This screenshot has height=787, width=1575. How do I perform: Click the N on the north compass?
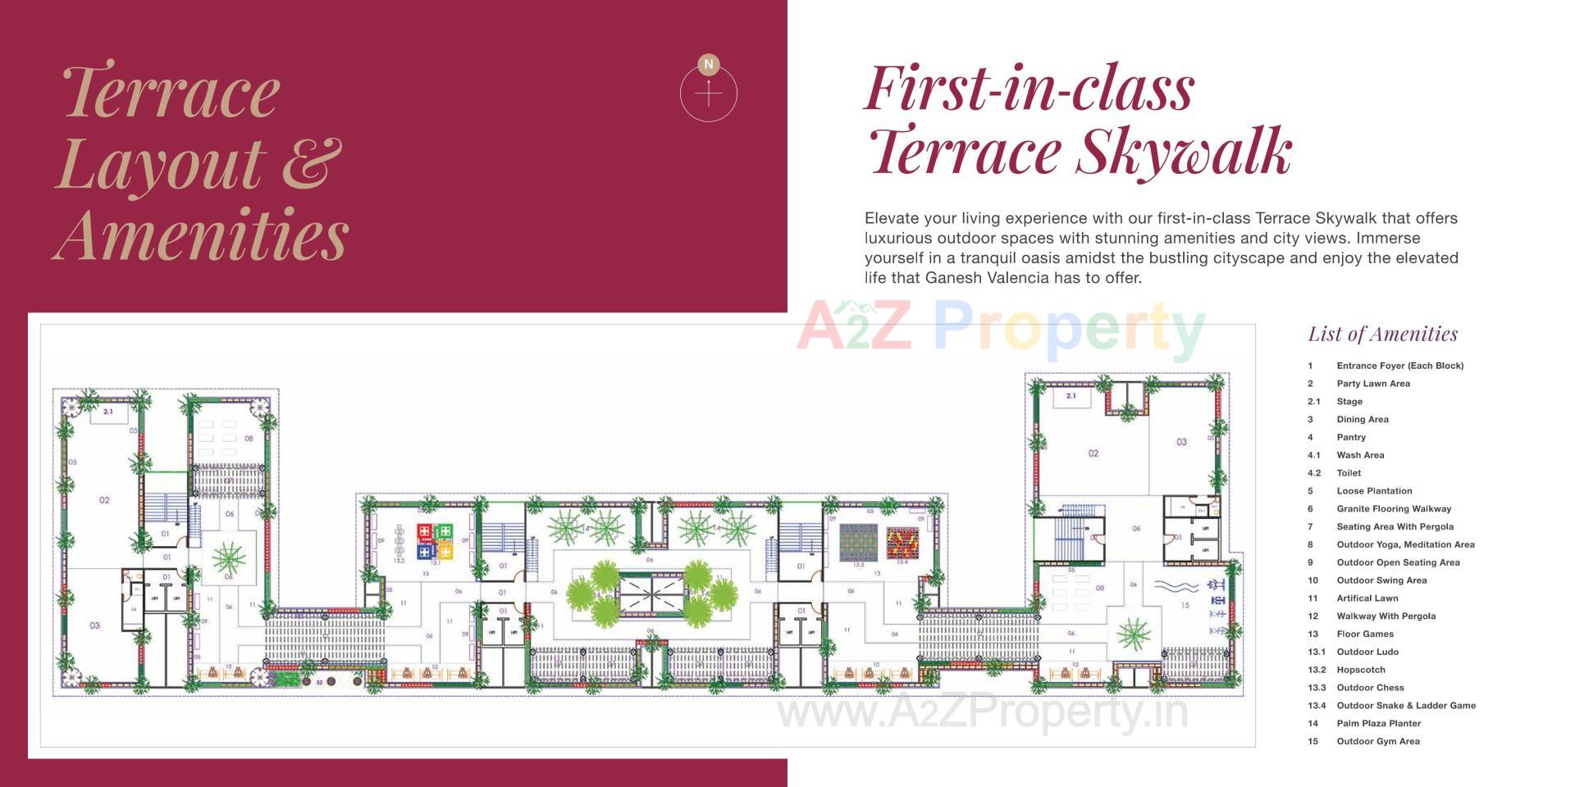(x=709, y=64)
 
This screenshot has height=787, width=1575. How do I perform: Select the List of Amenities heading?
(x=1383, y=334)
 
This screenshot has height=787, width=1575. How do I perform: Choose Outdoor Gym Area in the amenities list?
(x=1378, y=741)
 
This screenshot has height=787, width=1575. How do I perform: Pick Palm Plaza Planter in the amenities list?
(x=1378, y=723)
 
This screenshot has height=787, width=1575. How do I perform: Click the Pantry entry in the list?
(x=1351, y=437)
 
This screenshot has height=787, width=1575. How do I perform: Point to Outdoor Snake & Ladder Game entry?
(x=1406, y=705)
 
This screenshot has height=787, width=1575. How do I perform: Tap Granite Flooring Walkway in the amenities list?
(x=1394, y=508)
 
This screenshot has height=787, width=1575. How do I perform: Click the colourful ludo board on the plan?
(x=435, y=541)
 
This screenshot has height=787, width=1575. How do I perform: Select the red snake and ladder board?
(x=902, y=542)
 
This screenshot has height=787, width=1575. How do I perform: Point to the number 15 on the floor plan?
(x=1185, y=606)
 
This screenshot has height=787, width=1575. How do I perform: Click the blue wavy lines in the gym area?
(x=1176, y=586)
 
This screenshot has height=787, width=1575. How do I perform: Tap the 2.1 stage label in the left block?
(x=107, y=412)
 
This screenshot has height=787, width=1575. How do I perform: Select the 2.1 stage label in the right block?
(x=1071, y=396)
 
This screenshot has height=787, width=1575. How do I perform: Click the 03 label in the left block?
(x=95, y=626)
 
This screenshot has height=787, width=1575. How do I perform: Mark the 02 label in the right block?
(x=1093, y=453)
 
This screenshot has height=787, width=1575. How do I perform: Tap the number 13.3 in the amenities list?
(x=1316, y=687)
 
